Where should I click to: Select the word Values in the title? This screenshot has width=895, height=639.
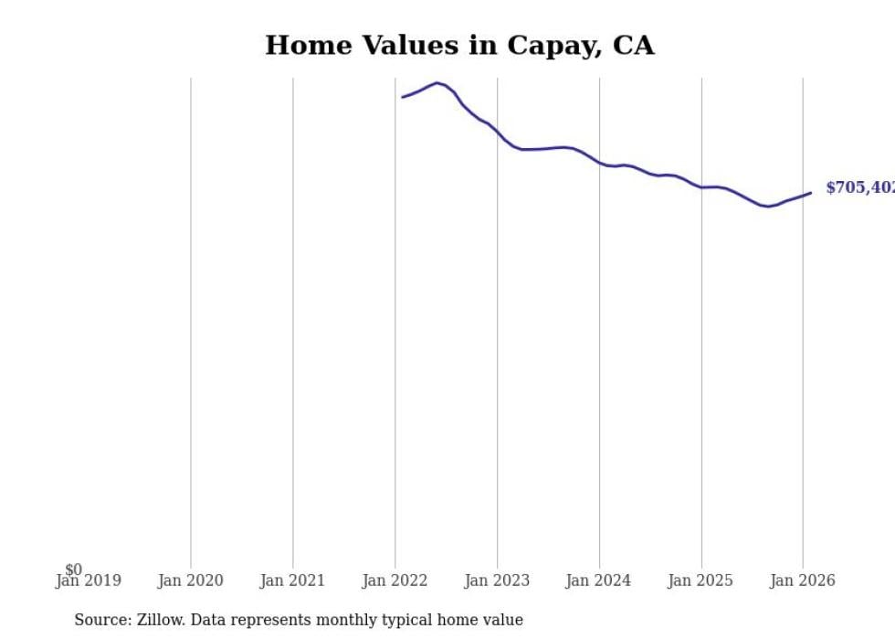coord(405,46)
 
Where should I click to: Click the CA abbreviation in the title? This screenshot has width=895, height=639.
coord(635,46)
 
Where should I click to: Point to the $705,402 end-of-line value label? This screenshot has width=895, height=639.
coord(859,187)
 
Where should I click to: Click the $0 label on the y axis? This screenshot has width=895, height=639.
coord(73,570)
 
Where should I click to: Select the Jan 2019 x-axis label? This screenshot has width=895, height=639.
coord(88,580)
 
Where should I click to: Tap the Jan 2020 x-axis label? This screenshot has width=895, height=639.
coord(190,580)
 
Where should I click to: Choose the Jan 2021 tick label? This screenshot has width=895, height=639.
coord(292,580)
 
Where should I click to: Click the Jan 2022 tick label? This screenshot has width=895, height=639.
coord(395,580)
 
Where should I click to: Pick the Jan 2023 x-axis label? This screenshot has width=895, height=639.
coord(497,580)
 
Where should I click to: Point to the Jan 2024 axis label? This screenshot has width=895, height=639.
coord(598,580)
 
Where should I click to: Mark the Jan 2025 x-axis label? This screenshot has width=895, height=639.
coord(700,580)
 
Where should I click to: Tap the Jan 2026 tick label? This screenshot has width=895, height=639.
coord(803,580)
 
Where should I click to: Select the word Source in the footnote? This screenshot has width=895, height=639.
coord(102,620)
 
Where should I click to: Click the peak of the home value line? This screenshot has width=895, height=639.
coord(437,83)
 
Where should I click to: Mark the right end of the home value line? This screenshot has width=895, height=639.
coord(811,193)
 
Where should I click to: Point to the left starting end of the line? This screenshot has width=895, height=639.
coord(403,97)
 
